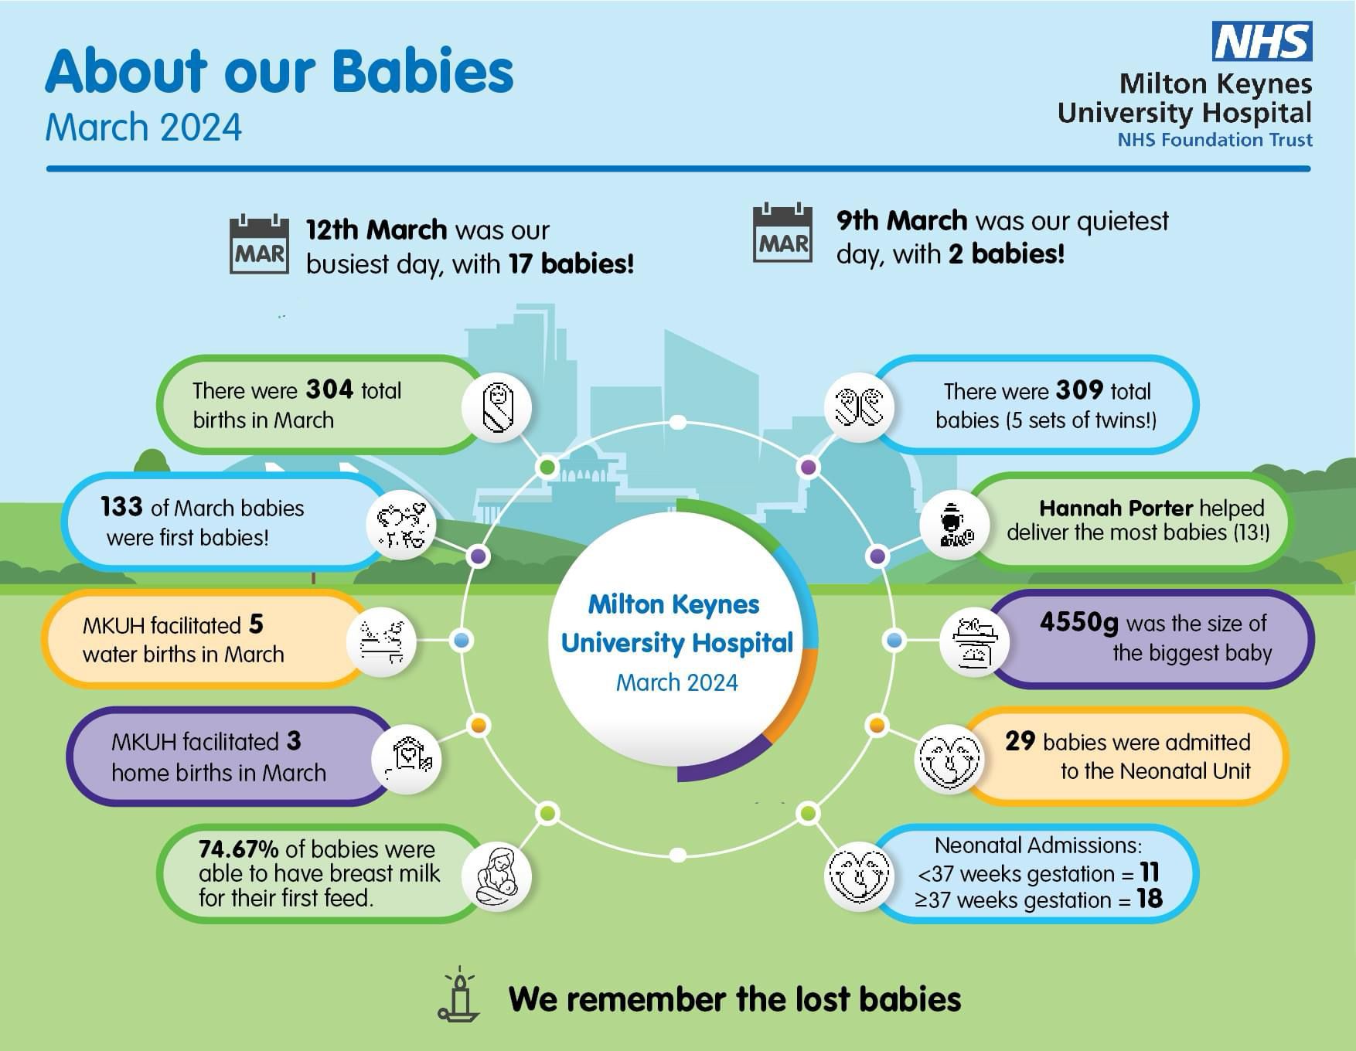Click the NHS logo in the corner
point(1262,41)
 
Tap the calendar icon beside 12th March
point(259,244)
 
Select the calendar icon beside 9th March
point(782,233)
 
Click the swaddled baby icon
point(497,407)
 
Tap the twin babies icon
point(859,407)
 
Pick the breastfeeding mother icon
point(497,876)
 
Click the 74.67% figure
point(238,849)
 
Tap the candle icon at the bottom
point(459,994)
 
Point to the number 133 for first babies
point(121,507)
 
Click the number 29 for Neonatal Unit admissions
point(1020,740)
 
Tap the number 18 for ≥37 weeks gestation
point(1150,899)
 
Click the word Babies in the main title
point(424,71)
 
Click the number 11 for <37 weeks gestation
point(1150,872)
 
